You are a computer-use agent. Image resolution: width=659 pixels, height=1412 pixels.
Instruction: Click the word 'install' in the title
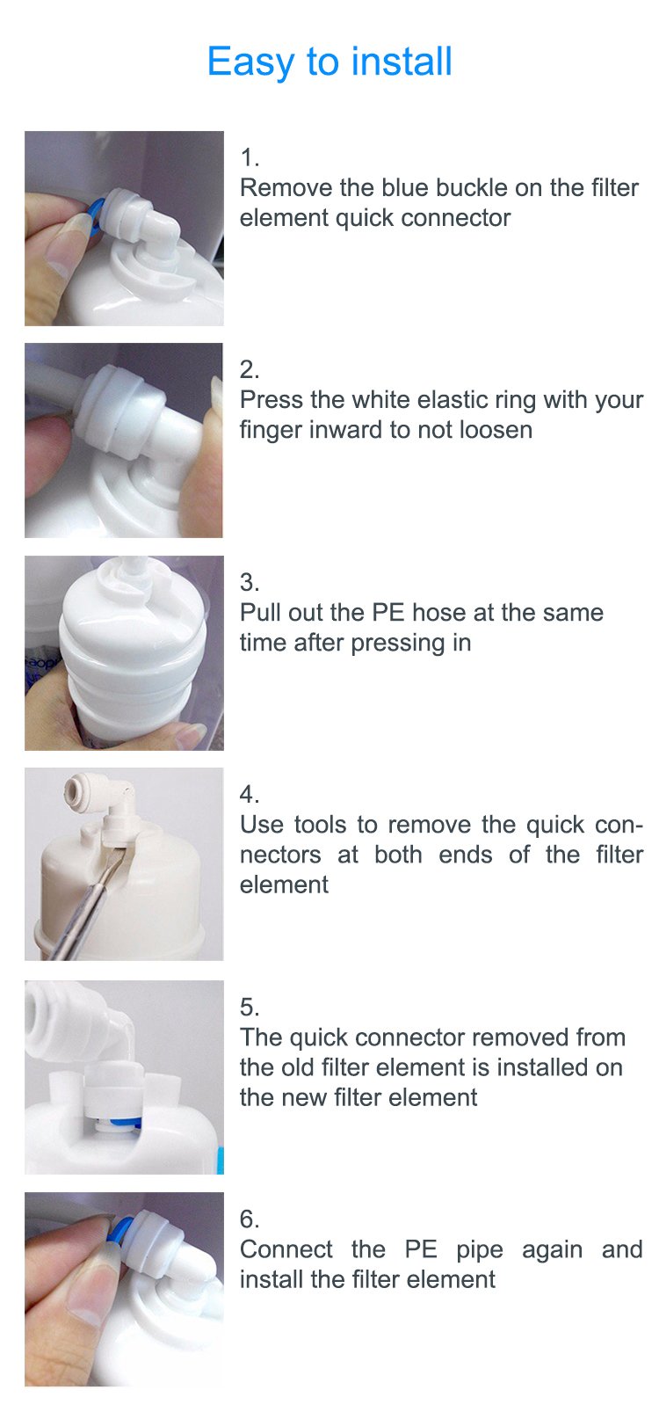coord(402,62)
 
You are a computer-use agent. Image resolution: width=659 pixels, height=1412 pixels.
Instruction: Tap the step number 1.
coord(250,157)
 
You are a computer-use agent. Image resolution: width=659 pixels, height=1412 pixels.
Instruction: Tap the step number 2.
coord(250,368)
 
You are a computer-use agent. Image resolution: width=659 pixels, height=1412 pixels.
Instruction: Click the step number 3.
coord(250,582)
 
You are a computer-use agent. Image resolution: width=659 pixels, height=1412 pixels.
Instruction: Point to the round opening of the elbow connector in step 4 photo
coord(75,786)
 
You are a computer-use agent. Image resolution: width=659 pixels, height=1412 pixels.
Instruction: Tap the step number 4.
coord(250,794)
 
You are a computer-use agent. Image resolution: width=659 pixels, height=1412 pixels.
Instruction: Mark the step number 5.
coord(250,1007)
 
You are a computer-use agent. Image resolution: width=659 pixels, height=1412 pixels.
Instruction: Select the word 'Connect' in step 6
coord(286,1248)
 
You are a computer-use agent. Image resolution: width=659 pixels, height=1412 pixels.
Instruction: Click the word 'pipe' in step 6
coord(480,1249)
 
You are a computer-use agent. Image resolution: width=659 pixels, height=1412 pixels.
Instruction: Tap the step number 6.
coord(250,1219)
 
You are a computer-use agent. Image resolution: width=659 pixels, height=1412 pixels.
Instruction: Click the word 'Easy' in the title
coord(250,62)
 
